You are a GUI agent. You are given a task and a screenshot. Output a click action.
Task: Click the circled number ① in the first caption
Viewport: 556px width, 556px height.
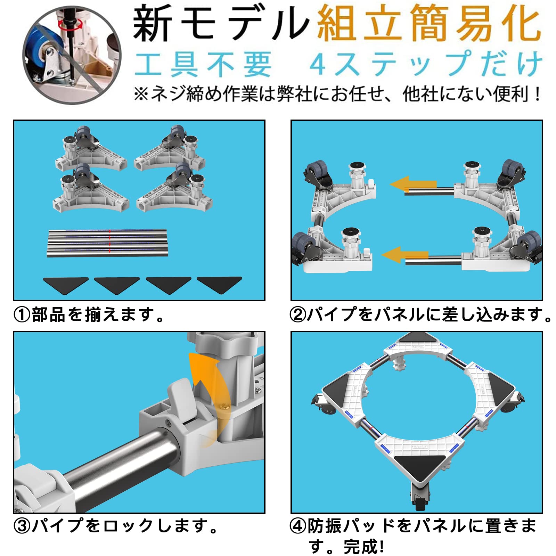pyautogui.click(x=22, y=315)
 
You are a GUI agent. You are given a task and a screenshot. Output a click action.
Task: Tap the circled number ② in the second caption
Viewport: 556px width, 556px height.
pyautogui.click(x=298, y=315)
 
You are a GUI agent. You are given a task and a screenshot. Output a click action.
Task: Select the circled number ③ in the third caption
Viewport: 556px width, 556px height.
pyautogui.click(x=22, y=526)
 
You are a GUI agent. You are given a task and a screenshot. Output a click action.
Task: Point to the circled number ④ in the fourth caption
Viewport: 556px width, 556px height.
pyautogui.click(x=298, y=526)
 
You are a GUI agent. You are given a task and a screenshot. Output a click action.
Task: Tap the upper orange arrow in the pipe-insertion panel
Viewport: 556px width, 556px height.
pyautogui.click(x=414, y=184)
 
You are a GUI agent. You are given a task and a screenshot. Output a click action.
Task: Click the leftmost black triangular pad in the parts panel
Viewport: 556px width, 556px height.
pyautogui.click(x=66, y=284)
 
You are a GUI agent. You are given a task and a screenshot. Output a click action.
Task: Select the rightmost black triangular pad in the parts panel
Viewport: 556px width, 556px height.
pyautogui.click(x=219, y=284)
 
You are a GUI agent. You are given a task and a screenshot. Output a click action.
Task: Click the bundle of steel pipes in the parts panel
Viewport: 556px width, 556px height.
pyautogui.click(x=107, y=243)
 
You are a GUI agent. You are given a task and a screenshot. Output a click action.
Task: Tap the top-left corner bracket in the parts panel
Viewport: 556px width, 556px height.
pyautogui.click(x=91, y=148)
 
